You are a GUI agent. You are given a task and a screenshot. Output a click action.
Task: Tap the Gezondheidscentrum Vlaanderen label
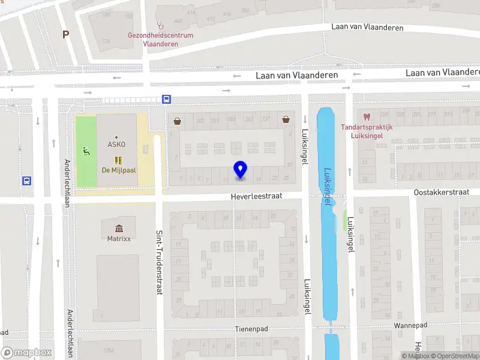point(160,39)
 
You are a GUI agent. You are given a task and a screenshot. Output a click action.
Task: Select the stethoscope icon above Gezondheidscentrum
point(160,25)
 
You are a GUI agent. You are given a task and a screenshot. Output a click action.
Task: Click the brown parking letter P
point(65,35)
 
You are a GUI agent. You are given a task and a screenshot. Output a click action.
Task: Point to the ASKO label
point(116,145)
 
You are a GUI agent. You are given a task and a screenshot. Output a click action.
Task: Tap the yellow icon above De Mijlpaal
point(118,160)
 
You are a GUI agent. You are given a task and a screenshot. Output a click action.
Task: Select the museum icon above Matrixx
point(119,228)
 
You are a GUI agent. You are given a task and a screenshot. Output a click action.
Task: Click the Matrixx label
point(119,238)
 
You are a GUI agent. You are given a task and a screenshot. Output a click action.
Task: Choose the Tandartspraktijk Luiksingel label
point(367,131)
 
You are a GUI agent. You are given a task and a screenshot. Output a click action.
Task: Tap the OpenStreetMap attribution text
point(454,356)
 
